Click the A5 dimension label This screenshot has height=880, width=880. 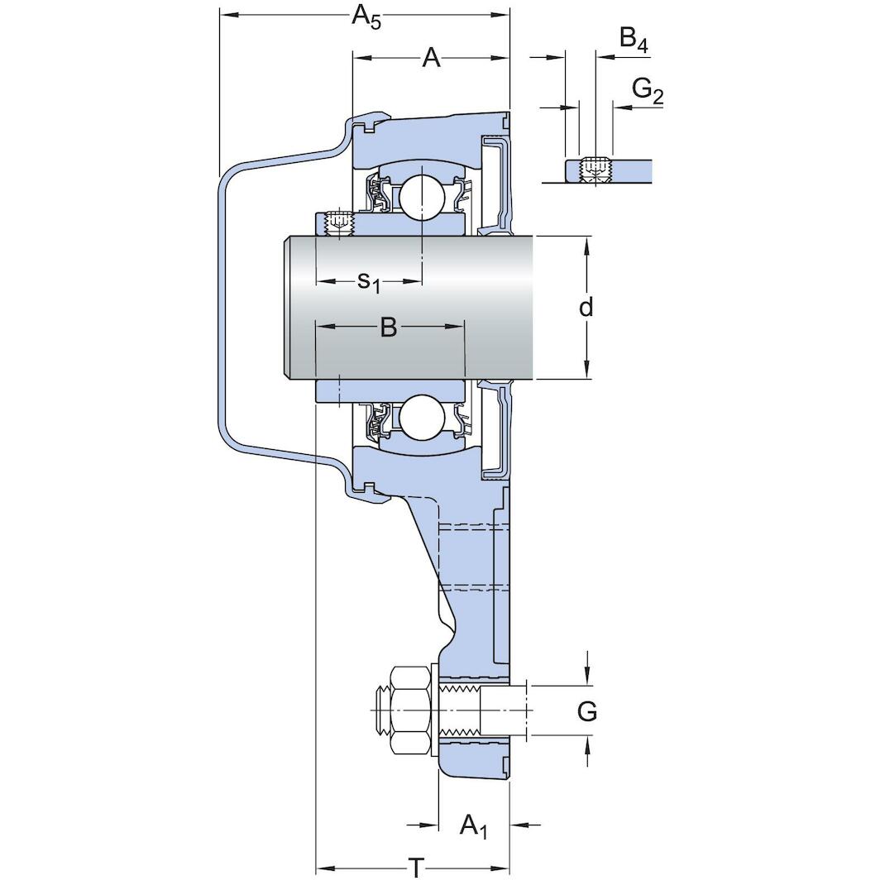click(x=366, y=17)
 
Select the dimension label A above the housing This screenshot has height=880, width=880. click(x=430, y=58)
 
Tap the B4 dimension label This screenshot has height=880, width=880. click(x=633, y=39)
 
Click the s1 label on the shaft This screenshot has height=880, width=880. click(x=369, y=282)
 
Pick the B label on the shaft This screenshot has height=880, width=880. click(x=389, y=328)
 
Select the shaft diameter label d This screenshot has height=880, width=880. click(x=586, y=308)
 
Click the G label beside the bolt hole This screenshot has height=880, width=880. click(x=586, y=711)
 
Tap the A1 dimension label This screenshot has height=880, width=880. click(x=473, y=825)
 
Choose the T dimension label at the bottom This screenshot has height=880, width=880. click(x=417, y=867)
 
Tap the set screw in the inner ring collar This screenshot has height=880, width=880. click(x=338, y=223)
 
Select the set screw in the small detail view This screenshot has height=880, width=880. click(x=594, y=170)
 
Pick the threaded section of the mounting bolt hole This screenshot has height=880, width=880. click(x=460, y=710)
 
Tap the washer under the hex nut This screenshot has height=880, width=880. click(x=433, y=710)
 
